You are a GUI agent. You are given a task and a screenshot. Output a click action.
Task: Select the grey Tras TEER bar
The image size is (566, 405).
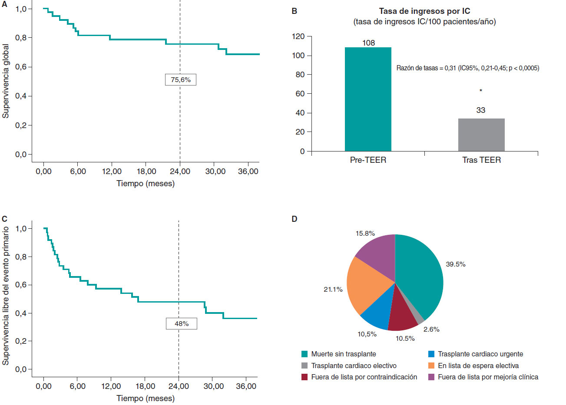coord(481,135)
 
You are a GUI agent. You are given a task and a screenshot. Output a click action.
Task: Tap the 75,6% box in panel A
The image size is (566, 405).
coord(181,80)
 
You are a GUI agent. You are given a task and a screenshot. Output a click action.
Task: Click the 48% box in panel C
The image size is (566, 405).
coord(182,324)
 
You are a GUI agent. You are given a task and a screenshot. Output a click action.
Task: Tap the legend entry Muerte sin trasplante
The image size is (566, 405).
coord(343,354)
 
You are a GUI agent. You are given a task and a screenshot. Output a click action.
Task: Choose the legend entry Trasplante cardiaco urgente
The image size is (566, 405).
coord(480,354)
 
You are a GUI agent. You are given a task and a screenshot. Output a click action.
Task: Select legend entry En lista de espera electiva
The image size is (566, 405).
coord(478,366)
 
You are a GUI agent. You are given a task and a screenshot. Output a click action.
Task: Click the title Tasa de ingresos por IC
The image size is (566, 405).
coord(424,11)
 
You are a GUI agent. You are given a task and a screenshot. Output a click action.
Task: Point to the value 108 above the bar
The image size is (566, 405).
coord(368,43)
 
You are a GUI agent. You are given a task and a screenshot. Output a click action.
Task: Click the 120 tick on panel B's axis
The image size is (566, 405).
coord(299,36)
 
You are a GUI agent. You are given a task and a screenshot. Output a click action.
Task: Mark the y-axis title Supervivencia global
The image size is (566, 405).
coord(6,81)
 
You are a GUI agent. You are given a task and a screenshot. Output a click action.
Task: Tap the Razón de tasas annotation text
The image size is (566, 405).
coord(468,68)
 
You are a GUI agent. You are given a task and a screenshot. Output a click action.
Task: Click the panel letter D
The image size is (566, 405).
coord(295,219)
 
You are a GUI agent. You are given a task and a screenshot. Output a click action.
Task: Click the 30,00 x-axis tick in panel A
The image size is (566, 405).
coord(215,171)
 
